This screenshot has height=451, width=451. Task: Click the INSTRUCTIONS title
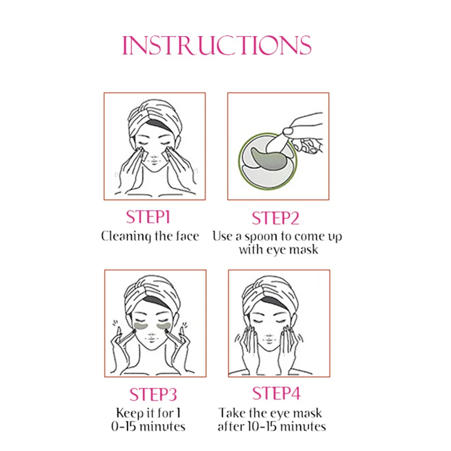(216, 46)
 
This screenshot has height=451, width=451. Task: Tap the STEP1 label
(148, 217)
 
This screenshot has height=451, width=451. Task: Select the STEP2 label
(275, 218)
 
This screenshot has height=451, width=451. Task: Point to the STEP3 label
(153, 394)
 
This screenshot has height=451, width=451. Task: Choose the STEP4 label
(276, 393)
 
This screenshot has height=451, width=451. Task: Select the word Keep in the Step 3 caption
(130, 414)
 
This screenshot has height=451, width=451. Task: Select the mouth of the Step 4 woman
(269, 341)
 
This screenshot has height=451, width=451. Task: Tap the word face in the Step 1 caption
(188, 236)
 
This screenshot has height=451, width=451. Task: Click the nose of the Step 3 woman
(151, 335)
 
